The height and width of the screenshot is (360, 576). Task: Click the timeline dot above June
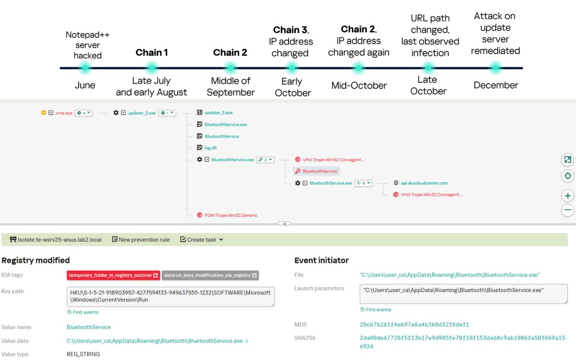tap(85, 68)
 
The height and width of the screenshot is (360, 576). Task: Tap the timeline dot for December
tap(495, 68)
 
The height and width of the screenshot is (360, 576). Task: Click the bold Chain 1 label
tap(152, 52)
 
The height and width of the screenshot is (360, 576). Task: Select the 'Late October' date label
tap(428, 85)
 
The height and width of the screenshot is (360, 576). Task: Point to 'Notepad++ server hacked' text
tap(87, 45)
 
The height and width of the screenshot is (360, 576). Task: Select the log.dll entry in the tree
tap(210, 148)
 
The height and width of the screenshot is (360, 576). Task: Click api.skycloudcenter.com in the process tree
tap(424, 183)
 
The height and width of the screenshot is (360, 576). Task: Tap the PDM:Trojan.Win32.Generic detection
tap(231, 215)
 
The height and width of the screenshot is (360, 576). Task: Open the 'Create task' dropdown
tap(202, 240)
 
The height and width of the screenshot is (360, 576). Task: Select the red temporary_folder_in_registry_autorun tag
tap(113, 276)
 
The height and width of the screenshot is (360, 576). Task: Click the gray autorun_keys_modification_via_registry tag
tap(210, 276)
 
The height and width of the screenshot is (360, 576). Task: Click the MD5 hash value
tap(414, 324)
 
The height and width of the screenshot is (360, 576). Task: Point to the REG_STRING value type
tap(83, 354)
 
